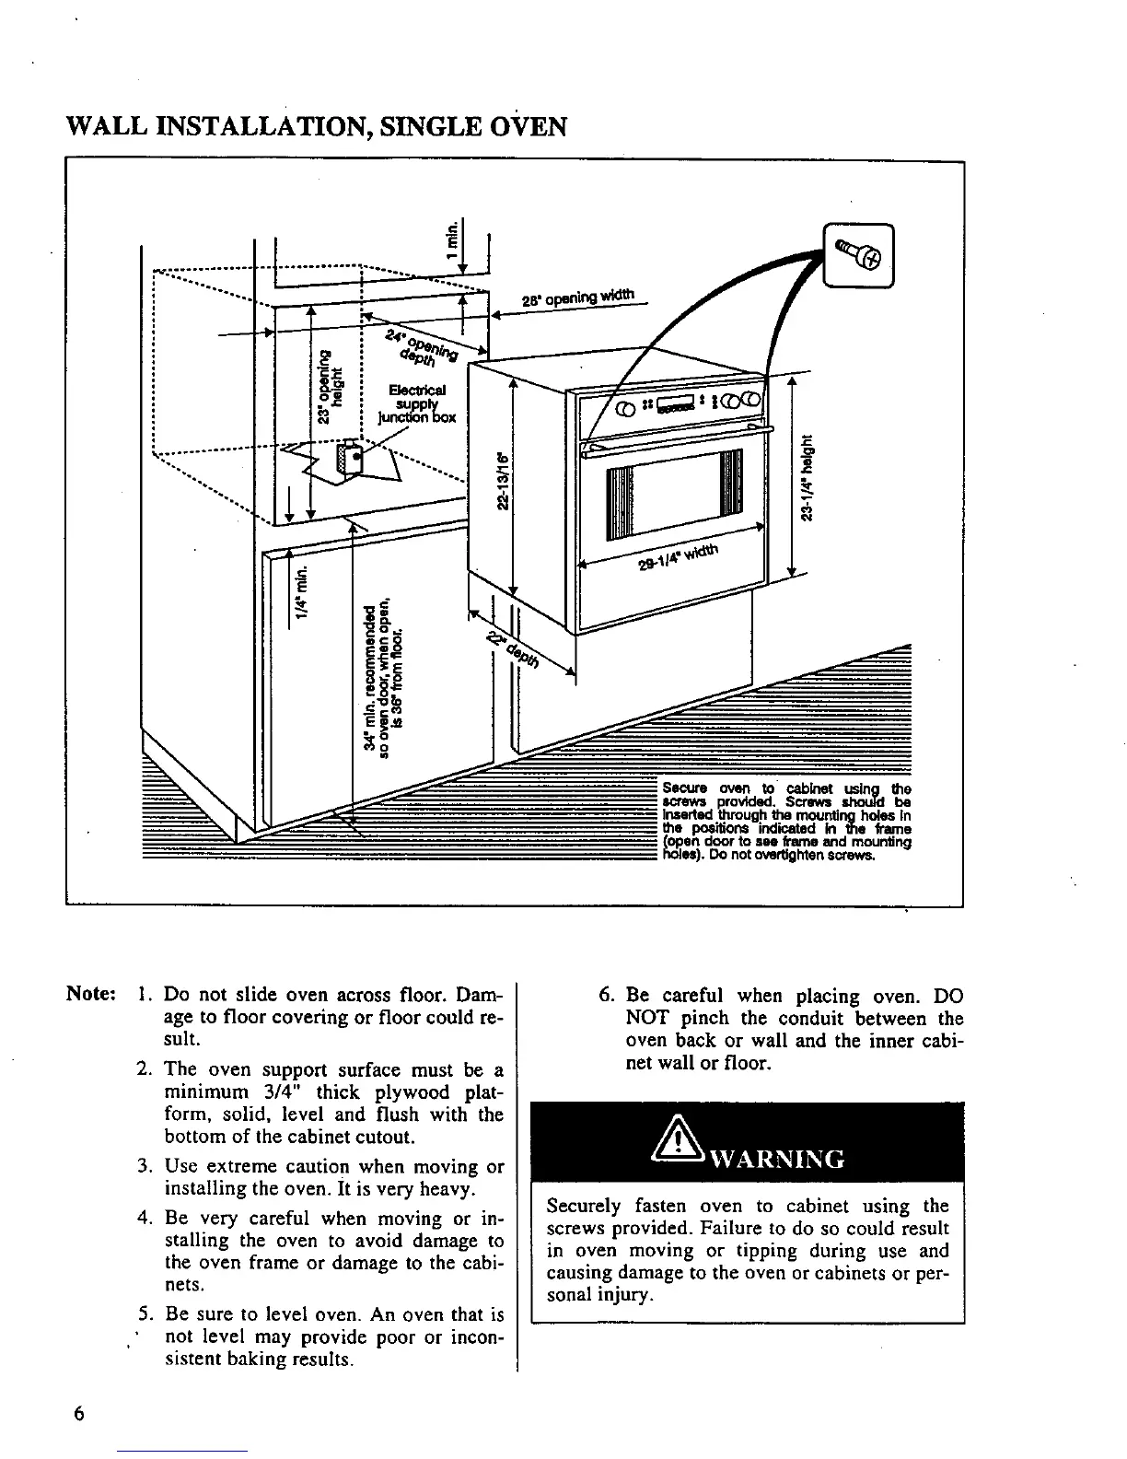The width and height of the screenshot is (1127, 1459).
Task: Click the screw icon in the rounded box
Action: coord(859,255)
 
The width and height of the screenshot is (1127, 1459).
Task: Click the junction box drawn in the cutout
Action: coord(350,459)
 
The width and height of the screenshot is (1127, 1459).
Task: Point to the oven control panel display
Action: coord(675,405)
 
